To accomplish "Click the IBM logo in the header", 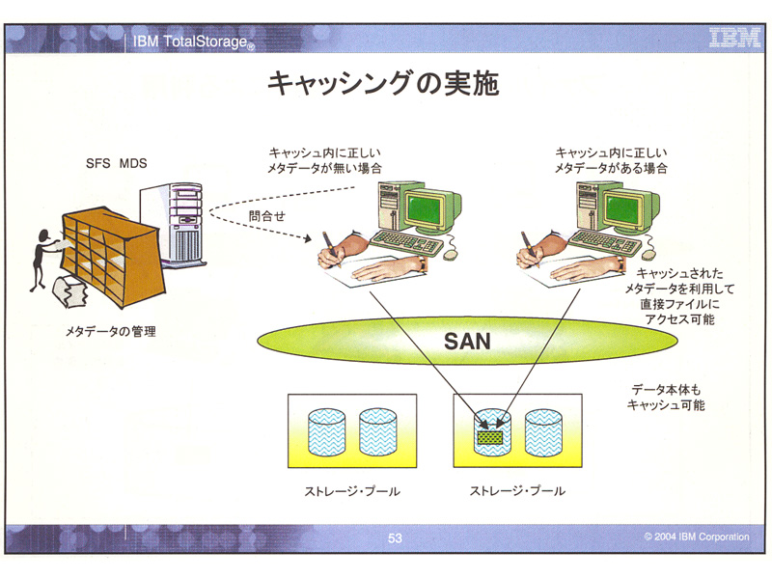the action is coord(734,38).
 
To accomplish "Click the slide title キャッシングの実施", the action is coord(383,83).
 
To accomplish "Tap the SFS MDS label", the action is coord(116,163).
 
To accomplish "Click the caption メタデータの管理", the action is coord(110,331).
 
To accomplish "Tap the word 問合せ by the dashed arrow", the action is coord(267,215).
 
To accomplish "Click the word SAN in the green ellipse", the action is coord(467,342).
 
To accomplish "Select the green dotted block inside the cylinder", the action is coord(490,437).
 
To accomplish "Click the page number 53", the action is coord(395,538).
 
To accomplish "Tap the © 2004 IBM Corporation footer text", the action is coord(697,537).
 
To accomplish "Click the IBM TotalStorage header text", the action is coord(192,41).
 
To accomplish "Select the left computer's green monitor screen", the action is coord(425,208).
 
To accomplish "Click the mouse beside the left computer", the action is coord(451,254).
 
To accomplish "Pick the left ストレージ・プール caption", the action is coord(352,491).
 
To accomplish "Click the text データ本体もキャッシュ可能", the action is coord(666,398).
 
